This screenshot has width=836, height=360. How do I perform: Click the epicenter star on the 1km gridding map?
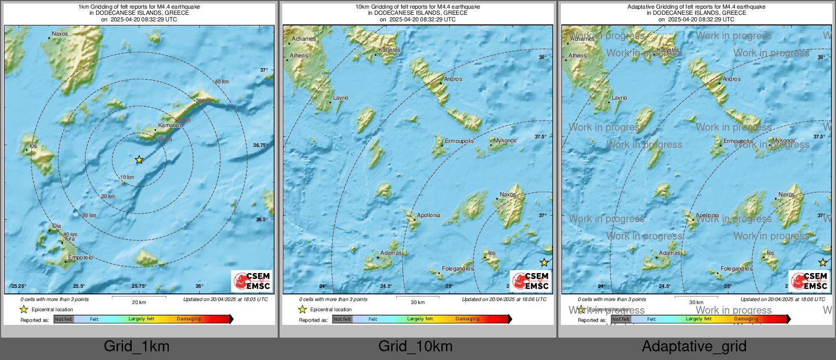(x=139, y=160)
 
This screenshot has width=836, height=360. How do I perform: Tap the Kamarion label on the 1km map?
(x=170, y=125)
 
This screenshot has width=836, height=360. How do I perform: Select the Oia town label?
(x=56, y=226)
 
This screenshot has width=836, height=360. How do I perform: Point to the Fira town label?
(x=70, y=238)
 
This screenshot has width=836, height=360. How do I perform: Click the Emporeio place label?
(x=80, y=257)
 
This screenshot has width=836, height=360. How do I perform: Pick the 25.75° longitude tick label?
(x=139, y=286)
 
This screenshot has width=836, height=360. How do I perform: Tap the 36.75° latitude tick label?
(x=260, y=145)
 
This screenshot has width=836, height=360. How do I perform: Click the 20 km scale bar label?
(x=139, y=303)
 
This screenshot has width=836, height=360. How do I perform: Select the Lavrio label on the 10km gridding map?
(x=341, y=98)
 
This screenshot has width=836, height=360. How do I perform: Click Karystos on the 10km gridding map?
(x=390, y=50)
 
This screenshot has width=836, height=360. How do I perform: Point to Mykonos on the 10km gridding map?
(x=505, y=140)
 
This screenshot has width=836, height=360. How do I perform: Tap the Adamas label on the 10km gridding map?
(x=391, y=253)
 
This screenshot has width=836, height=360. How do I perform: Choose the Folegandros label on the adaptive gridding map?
(x=736, y=268)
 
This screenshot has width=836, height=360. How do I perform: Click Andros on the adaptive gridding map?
(x=732, y=79)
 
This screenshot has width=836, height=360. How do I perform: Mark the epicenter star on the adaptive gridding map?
(x=823, y=262)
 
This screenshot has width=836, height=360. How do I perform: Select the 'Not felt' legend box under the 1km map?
(x=64, y=319)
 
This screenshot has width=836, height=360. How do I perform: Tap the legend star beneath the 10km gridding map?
(x=303, y=309)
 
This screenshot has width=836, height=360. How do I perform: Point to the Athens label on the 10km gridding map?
(x=298, y=55)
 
